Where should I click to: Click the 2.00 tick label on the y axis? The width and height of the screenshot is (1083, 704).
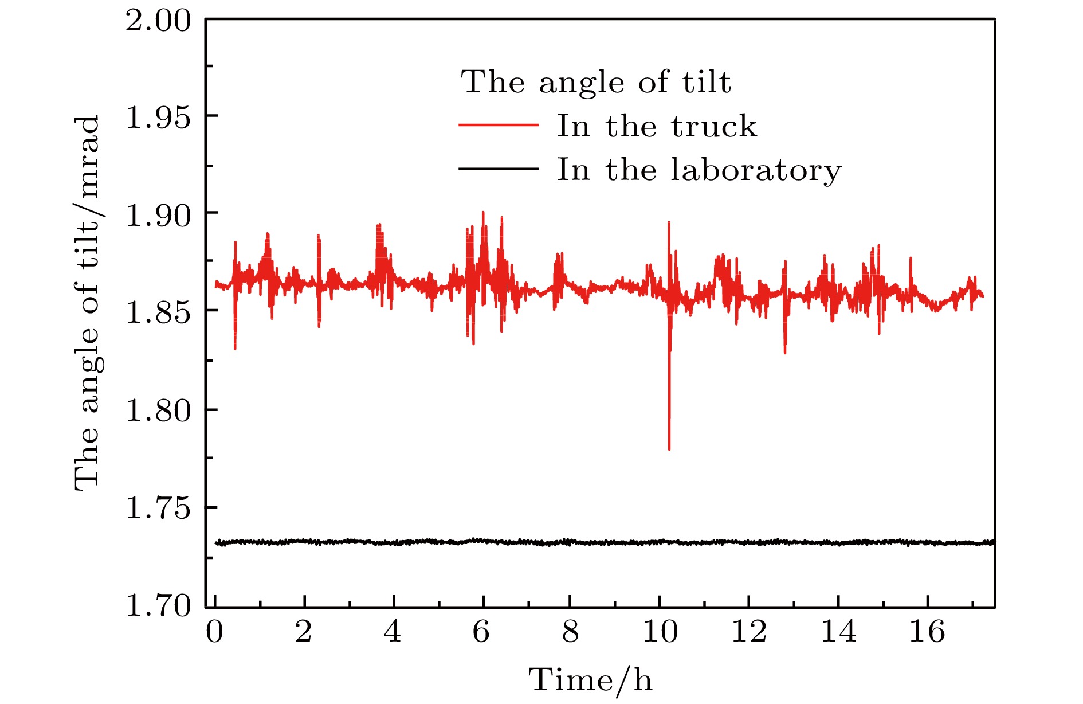tap(158, 21)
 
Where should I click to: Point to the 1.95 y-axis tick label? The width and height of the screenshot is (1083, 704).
tap(158, 118)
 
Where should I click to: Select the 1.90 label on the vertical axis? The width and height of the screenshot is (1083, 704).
tap(158, 216)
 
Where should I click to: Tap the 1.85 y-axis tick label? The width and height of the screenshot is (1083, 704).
tap(158, 313)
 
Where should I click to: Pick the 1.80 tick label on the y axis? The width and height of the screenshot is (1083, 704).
tap(158, 410)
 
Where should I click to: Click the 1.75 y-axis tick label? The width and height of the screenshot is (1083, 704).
tap(158, 508)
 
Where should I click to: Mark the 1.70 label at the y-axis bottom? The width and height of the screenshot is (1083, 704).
tap(158, 605)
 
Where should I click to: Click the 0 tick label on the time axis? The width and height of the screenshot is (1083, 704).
tap(215, 632)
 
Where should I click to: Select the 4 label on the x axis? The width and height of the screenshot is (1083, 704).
tap(393, 632)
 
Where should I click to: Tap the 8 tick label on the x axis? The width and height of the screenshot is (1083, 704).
tap(571, 632)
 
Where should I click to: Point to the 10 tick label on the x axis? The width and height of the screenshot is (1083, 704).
tap(660, 632)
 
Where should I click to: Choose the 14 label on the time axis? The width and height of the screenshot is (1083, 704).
tap(838, 632)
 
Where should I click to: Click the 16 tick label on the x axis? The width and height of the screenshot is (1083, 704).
tap(927, 632)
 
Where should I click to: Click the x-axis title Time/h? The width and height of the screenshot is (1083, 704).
tap(590, 680)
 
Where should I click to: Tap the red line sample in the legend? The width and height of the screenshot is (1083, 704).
tap(499, 125)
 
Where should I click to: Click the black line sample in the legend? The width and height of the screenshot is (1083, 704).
tap(499, 169)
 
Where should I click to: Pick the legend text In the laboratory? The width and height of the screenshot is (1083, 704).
tap(699, 170)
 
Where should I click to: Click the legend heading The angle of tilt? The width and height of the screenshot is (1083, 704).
tap(596, 82)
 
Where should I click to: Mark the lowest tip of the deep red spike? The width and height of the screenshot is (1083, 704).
tap(669, 449)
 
